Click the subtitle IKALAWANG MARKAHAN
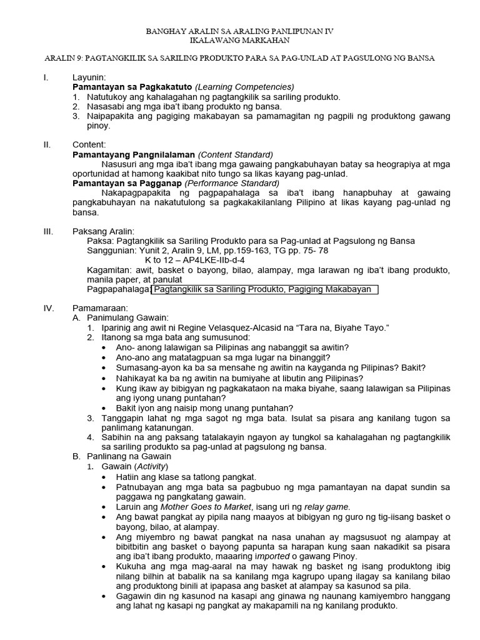241,39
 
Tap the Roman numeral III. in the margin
48,231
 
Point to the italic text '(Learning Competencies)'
244,87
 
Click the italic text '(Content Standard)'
236,154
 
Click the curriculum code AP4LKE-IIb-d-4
212,260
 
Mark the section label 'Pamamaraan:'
100,309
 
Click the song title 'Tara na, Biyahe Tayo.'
340,327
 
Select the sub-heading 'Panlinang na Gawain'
126,456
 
